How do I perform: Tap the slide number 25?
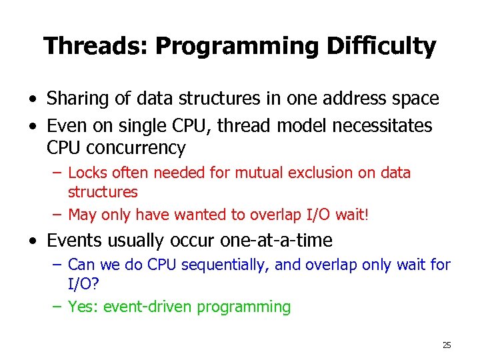[447, 345]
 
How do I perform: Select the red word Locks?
[86, 173]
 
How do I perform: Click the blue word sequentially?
[229, 265]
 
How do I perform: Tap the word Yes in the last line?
[81, 307]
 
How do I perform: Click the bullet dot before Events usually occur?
[32, 240]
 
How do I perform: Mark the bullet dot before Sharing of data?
[32, 99]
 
